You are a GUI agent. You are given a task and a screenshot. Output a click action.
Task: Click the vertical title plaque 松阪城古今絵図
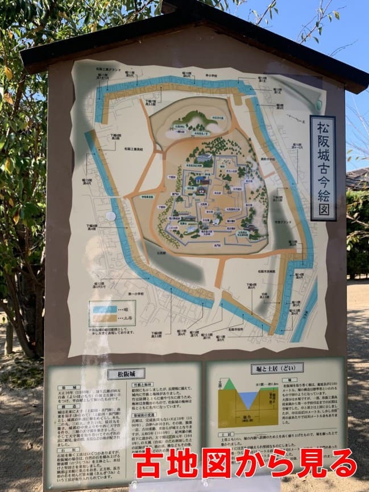tap(323, 168)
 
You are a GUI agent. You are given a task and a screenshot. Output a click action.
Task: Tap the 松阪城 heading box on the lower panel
tap(126, 373)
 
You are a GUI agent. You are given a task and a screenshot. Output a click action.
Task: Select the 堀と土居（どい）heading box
tap(276, 368)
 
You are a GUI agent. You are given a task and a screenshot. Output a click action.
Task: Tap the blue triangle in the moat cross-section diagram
tap(248, 399)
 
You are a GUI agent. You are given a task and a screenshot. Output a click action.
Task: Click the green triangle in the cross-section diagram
tap(229, 385)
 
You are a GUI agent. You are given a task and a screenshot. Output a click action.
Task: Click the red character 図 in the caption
tap(218, 462)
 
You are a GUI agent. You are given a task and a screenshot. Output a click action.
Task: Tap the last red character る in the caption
tap(344, 462)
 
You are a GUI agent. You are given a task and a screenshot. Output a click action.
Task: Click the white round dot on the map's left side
tap(110, 216)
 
